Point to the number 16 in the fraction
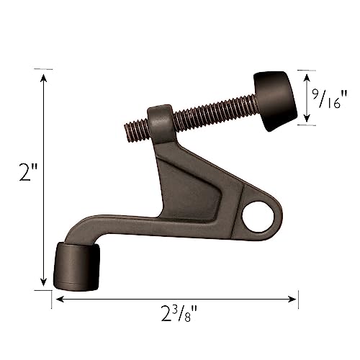(339, 102)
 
